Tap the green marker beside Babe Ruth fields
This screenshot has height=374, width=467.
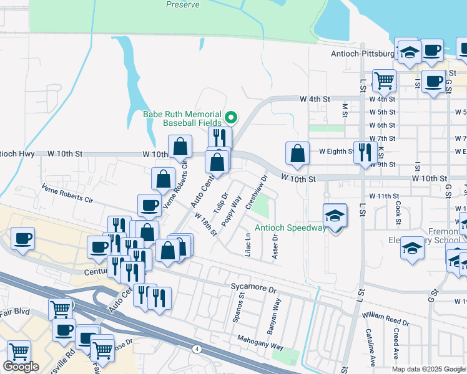(230, 117)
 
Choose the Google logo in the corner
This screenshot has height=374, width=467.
(21, 367)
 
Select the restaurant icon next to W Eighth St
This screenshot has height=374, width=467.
(365, 153)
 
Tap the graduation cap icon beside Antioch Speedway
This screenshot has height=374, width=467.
(335, 217)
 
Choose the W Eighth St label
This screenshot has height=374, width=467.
(337, 151)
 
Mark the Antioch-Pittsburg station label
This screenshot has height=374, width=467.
(363, 53)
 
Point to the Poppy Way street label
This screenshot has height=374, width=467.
(232, 211)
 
